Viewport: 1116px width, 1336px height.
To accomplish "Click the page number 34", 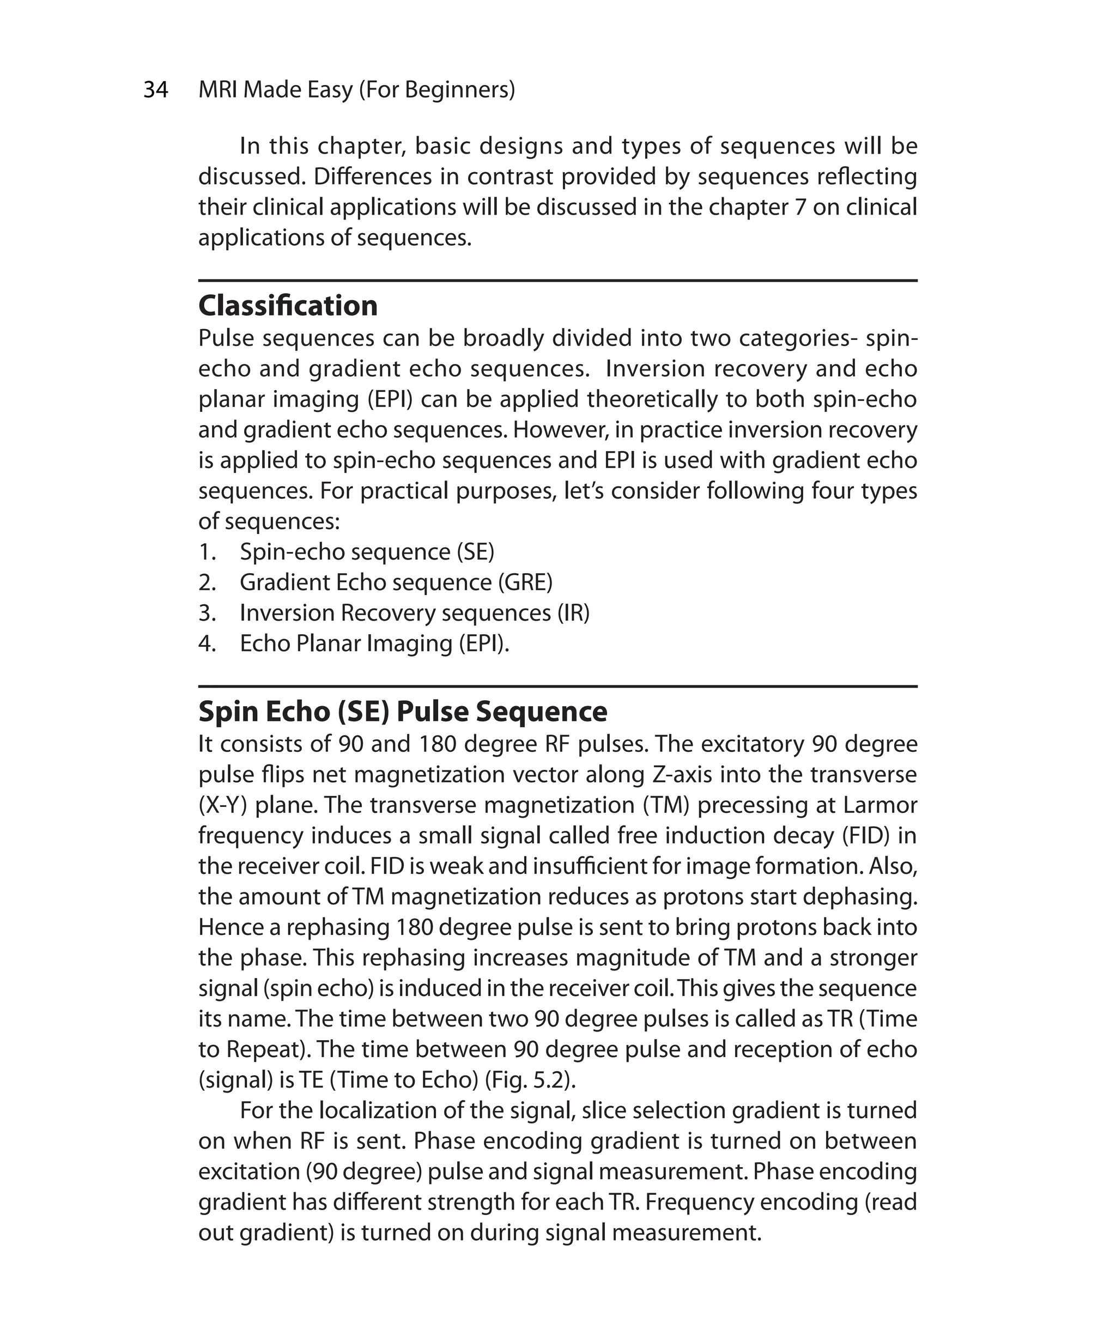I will click(x=156, y=90).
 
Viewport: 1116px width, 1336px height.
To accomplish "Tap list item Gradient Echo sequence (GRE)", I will click(x=396, y=582).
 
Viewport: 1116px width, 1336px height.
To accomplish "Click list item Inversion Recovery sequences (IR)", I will click(x=414, y=612).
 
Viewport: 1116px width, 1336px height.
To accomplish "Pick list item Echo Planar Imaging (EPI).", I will click(x=374, y=643).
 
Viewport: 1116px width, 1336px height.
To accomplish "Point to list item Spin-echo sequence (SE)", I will click(x=367, y=551).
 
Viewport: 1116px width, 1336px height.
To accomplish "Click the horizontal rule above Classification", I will click(x=557, y=281).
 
